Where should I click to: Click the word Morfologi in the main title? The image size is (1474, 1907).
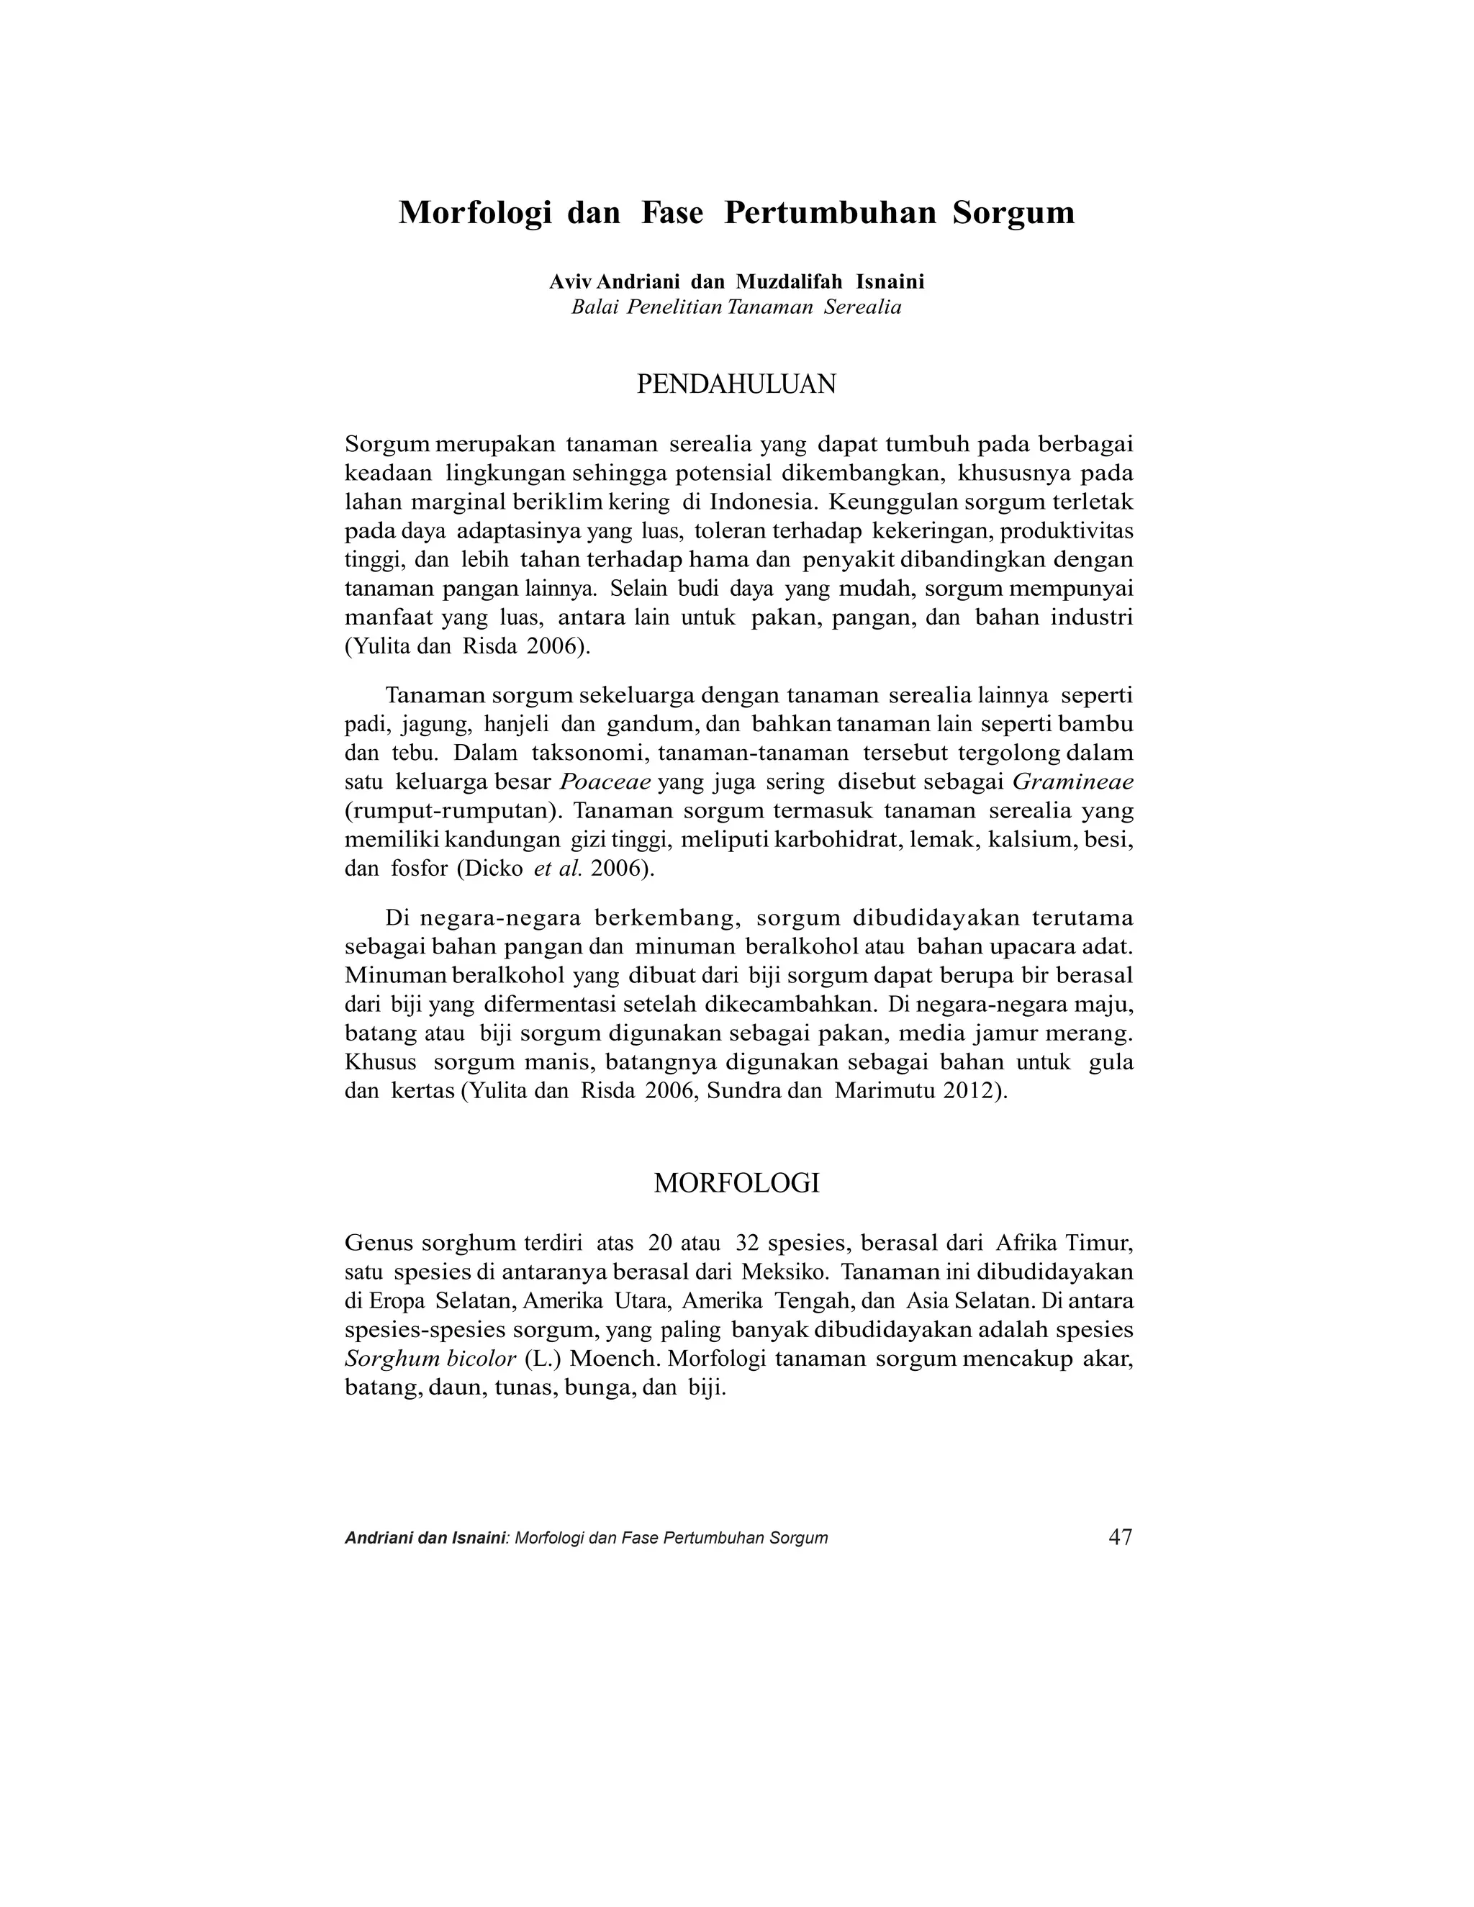click(x=475, y=213)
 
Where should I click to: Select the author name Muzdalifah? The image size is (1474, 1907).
click(x=790, y=282)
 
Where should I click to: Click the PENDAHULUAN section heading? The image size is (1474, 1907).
click(x=736, y=384)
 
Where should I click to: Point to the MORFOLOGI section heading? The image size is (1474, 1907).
click(x=736, y=1184)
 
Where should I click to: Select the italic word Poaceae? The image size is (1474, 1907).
click(x=605, y=782)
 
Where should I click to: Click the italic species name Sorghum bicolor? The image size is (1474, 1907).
click(x=430, y=1359)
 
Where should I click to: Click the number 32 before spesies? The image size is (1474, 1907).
click(x=749, y=1243)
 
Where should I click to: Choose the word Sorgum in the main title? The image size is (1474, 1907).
click(x=1013, y=213)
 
